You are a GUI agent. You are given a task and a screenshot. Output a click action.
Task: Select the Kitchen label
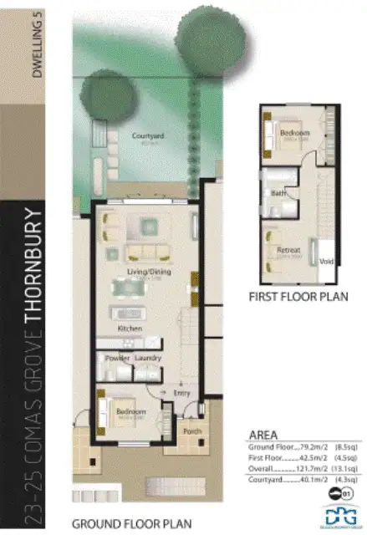pyautogui.click(x=130, y=329)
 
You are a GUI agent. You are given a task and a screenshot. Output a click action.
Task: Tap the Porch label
pyautogui.click(x=191, y=432)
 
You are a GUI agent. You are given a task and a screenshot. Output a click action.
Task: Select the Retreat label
pyautogui.click(x=288, y=249)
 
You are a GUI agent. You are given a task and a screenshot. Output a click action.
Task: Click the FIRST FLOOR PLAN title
pyautogui.click(x=297, y=297)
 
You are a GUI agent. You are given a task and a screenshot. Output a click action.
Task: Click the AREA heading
pyautogui.click(x=263, y=435)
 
